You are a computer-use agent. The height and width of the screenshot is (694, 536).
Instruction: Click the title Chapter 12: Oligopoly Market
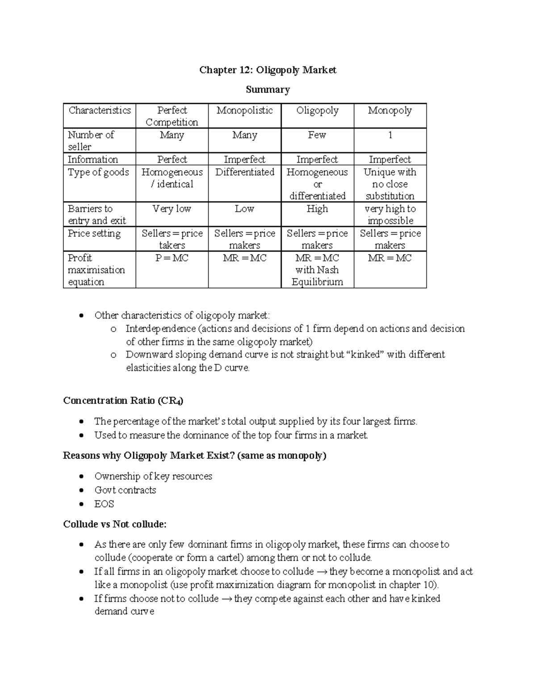(x=268, y=70)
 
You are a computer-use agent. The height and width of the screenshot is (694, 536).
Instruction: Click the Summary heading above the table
(x=268, y=90)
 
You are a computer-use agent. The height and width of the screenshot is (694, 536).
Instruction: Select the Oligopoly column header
(x=317, y=110)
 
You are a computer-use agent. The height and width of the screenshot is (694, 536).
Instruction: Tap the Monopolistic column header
(x=244, y=110)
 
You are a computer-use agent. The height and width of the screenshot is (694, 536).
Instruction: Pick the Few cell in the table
(x=317, y=135)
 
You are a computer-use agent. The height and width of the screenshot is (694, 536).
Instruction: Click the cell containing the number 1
(x=390, y=135)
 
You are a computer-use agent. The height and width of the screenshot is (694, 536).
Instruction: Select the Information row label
(x=93, y=160)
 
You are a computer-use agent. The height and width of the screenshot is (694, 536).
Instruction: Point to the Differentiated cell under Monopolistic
(x=244, y=172)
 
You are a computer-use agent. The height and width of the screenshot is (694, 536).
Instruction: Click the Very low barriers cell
(x=172, y=209)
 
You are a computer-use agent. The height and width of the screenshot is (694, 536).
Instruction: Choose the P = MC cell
(x=172, y=258)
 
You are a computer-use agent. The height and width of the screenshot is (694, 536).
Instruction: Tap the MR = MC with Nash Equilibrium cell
(x=317, y=269)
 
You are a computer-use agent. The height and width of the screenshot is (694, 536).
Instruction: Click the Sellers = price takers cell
(x=172, y=239)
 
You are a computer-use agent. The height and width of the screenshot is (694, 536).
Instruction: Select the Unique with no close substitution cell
(x=390, y=184)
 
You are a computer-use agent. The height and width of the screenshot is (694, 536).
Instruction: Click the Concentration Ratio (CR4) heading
(x=123, y=400)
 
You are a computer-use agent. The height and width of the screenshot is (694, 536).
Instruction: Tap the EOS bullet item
(x=104, y=504)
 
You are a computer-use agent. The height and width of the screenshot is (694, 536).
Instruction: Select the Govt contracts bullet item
(x=125, y=490)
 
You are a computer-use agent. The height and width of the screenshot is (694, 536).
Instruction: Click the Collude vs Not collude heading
(x=115, y=524)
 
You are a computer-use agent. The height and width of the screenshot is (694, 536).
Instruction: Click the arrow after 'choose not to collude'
(x=226, y=599)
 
